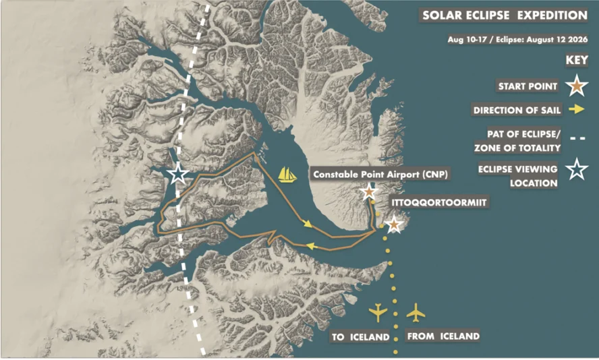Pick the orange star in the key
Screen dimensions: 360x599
click(x=575, y=86)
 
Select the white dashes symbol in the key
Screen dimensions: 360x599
click(x=575, y=140)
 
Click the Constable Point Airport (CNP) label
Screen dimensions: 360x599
click(x=380, y=175)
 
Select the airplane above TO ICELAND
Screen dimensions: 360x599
click(x=378, y=312)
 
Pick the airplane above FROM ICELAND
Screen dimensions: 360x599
click(x=417, y=313)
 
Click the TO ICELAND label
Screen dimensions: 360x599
click(x=361, y=336)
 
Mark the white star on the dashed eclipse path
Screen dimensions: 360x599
click(x=178, y=175)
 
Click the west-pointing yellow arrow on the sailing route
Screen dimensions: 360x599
click(x=312, y=246)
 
